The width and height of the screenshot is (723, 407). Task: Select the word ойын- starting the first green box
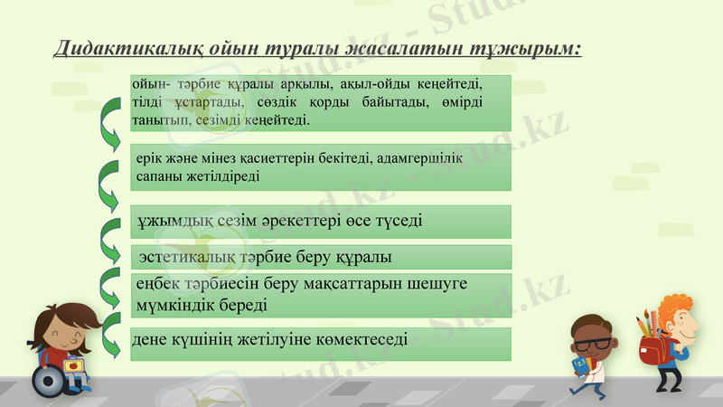[x=150, y=83]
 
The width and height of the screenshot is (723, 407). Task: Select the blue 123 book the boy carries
[x=579, y=364]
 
